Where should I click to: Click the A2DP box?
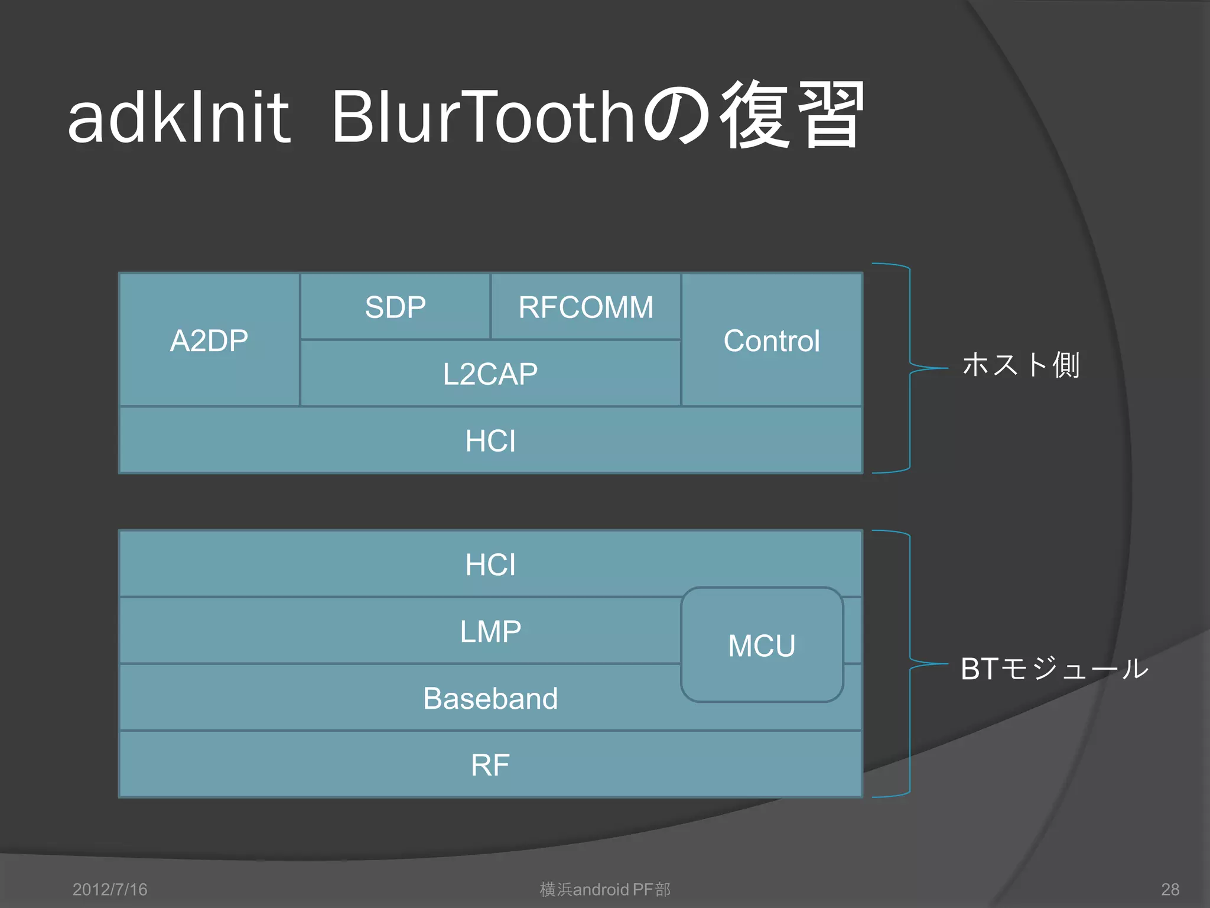pyautogui.click(x=209, y=340)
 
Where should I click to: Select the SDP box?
pyautogui.click(x=395, y=307)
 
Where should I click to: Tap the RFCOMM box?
pyautogui.click(x=586, y=307)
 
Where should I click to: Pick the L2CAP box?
pyautogui.click(x=490, y=374)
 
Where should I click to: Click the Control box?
pyautogui.click(x=771, y=340)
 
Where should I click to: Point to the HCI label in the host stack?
pyautogui.click(x=490, y=441)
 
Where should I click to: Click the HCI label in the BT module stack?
pyautogui.click(x=490, y=565)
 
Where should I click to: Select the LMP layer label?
pyautogui.click(x=490, y=631)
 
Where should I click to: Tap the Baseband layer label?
pyautogui.click(x=490, y=698)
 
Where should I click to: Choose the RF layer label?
pyautogui.click(x=490, y=765)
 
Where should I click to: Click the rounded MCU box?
pyautogui.click(x=762, y=645)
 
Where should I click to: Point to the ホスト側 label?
pyautogui.click(x=1021, y=365)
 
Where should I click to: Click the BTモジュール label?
pyautogui.click(x=1054, y=669)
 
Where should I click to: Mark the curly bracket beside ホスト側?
pyautogui.click(x=909, y=368)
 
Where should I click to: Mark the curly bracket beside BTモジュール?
pyautogui.click(x=909, y=664)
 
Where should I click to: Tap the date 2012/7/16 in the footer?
pyautogui.click(x=110, y=889)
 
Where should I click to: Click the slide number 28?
pyautogui.click(x=1170, y=889)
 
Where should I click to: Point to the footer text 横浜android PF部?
pyautogui.click(x=605, y=889)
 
